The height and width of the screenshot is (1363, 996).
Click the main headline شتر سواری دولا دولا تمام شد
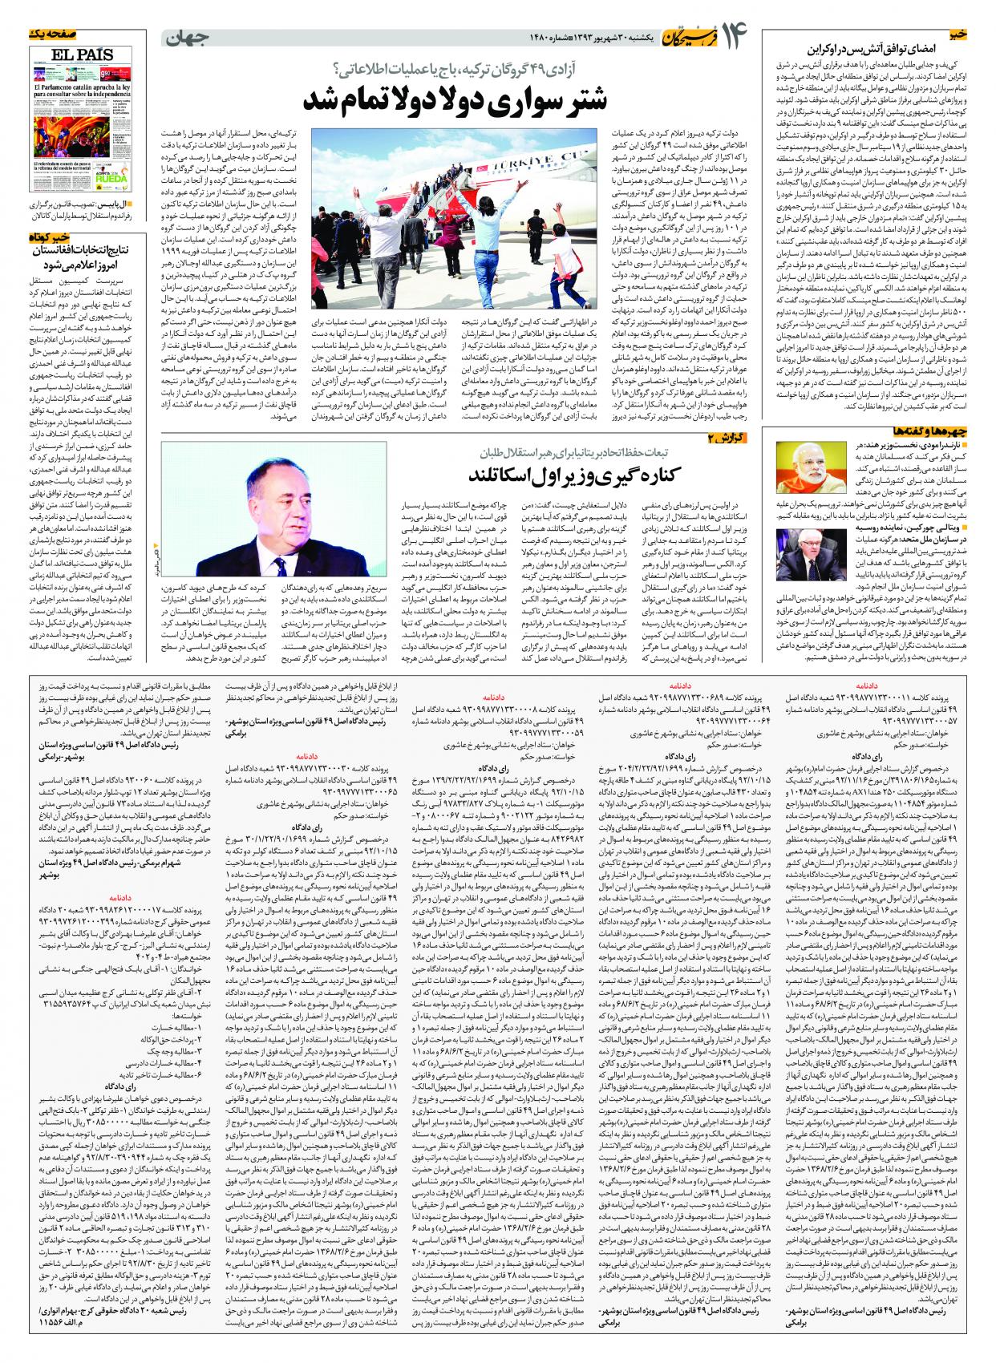[x=455, y=99]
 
